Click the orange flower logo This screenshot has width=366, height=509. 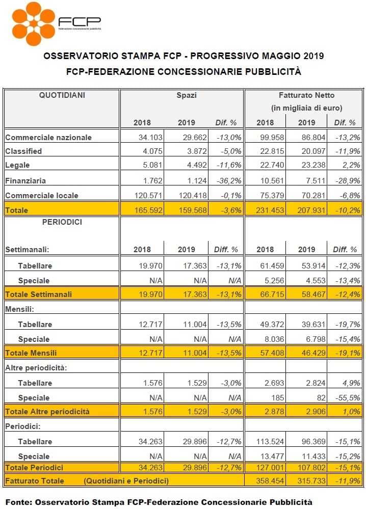34,24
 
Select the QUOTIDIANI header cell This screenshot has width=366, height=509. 62,95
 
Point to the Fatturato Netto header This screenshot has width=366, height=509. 306,95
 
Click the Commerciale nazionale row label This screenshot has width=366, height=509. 48,138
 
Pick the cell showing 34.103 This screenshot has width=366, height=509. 150,138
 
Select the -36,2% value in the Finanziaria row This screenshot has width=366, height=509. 229,180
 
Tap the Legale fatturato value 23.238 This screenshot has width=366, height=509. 313,165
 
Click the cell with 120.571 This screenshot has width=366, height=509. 148,196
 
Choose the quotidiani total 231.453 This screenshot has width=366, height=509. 270,210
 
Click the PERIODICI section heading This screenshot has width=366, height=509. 62,222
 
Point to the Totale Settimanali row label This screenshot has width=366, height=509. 39,294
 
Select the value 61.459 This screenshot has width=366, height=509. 272,265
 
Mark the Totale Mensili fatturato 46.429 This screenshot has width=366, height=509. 313,353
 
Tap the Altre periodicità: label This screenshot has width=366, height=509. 36,368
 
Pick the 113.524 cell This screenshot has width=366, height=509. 270,441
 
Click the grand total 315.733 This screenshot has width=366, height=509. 311,481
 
